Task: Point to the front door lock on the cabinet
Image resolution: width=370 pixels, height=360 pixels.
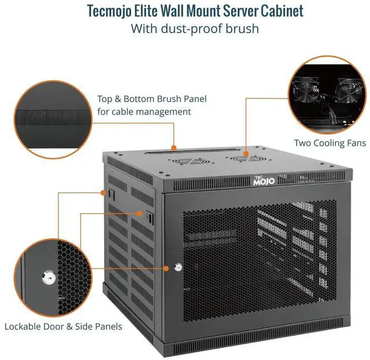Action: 177,267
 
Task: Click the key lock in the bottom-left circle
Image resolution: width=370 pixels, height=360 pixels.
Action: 46,278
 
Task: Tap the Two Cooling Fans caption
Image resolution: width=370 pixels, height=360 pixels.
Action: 330,143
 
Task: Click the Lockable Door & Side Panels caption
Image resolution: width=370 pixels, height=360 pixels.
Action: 64,326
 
